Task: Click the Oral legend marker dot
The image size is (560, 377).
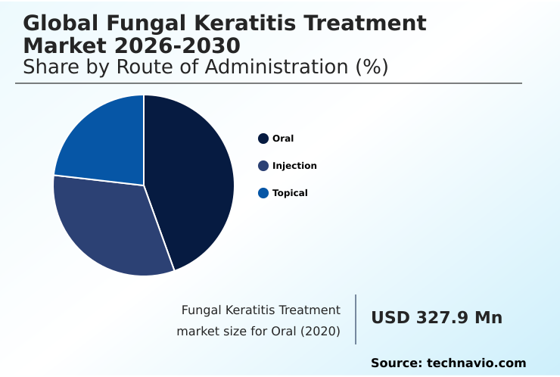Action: pyautogui.click(x=263, y=139)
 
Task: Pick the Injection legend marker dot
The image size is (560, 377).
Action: pyautogui.click(x=263, y=166)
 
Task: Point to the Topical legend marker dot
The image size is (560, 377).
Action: pyautogui.click(x=263, y=193)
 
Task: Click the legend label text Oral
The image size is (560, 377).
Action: pyautogui.click(x=283, y=139)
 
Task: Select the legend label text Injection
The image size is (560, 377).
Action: pyautogui.click(x=294, y=166)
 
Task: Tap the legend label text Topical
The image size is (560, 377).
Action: pyautogui.click(x=290, y=193)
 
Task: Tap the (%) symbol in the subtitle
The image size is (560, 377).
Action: pyautogui.click(x=372, y=67)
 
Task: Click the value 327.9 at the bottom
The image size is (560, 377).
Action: pyautogui.click(x=442, y=318)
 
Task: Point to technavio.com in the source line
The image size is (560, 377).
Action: pyautogui.click(x=476, y=363)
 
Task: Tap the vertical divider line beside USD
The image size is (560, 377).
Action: pyautogui.click(x=356, y=319)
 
